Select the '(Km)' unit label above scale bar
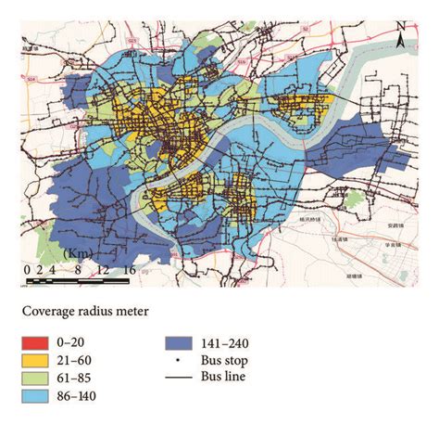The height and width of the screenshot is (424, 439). [x=77, y=253]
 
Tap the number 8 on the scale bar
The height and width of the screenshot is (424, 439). [x=78, y=270]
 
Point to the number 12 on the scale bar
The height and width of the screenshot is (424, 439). [x=103, y=270]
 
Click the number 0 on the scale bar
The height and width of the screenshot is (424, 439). [x=29, y=270]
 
